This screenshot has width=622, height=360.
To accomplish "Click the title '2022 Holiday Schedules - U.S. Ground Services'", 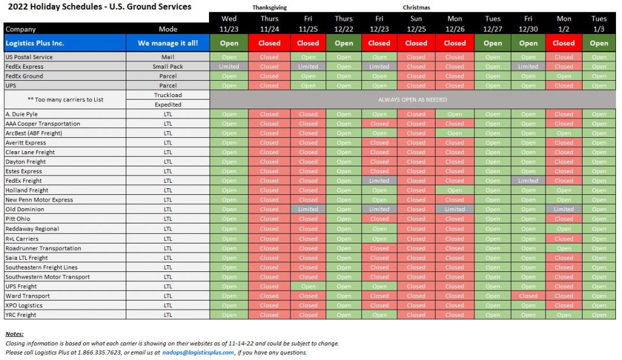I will pos(97,7).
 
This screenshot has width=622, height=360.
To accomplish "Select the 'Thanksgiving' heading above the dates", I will pos(269,8).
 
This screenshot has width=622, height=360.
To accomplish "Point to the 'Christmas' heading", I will pos(416,8).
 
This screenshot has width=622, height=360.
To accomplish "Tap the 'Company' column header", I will pos(21,29).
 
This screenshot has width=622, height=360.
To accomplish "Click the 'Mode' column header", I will pos(168,29).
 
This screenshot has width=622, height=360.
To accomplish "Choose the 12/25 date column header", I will pos(416,24).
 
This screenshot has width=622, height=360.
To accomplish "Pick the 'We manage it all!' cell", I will pos(168,43).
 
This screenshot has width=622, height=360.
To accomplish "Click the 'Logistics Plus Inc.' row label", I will pos(35,43).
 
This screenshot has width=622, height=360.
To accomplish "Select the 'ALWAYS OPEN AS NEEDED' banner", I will pos(412,100).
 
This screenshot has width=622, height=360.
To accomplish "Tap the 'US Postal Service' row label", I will pos(29,57).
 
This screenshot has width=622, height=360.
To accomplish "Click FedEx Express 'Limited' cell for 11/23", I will pos(229,67).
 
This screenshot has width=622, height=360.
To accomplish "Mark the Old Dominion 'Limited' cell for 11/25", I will pos(308,209).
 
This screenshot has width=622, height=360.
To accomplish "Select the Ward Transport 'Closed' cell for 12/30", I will pos(528,296).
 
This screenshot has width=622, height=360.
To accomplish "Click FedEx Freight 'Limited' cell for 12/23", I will pos(379,181).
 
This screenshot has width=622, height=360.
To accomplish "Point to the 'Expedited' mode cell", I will pos(168,104).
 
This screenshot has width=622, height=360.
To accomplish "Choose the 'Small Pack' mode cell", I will pos(168,67).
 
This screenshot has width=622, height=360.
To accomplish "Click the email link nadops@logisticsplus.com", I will pos(198,352).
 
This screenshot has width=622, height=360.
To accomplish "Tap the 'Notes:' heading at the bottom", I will pos(15,334).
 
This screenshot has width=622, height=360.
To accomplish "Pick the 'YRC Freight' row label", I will pos(21,315).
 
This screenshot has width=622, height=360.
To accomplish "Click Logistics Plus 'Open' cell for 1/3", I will pos(599,43).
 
